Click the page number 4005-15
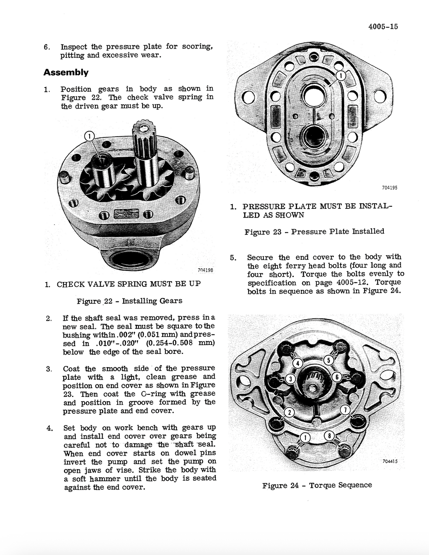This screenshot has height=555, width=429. [x=383, y=27]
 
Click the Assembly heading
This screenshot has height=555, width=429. [x=66, y=73]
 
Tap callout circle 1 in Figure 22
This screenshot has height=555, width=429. [x=90, y=136]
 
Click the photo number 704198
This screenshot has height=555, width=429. [x=205, y=270]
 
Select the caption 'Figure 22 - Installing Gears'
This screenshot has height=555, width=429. [x=129, y=301]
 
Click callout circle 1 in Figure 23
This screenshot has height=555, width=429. [x=341, y=76]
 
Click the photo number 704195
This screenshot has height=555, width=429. [x=389, y=188]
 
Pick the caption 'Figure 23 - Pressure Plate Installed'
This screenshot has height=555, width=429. [x=314, y=231]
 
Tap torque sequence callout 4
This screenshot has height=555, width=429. [x=297, y=363]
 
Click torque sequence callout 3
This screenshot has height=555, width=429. [x=290, y=379]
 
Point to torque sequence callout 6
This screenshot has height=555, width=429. [x=336, y=377]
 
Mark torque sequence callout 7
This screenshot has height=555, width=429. [x=344, y=410]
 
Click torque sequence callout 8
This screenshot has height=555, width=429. [x=330, y=436]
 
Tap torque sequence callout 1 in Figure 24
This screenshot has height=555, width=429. [x=306, y=438]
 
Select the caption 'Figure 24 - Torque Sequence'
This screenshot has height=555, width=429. [x=317, y=485]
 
